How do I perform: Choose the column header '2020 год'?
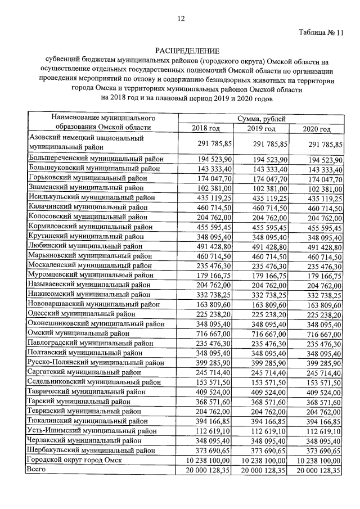[x=317, y=129]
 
